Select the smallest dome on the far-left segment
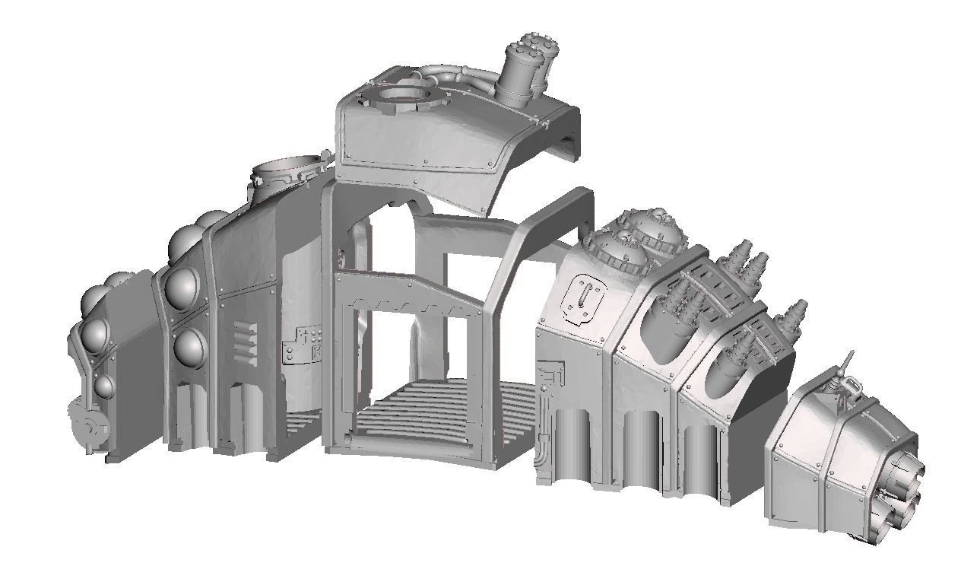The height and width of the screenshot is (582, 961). pos(103,386)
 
